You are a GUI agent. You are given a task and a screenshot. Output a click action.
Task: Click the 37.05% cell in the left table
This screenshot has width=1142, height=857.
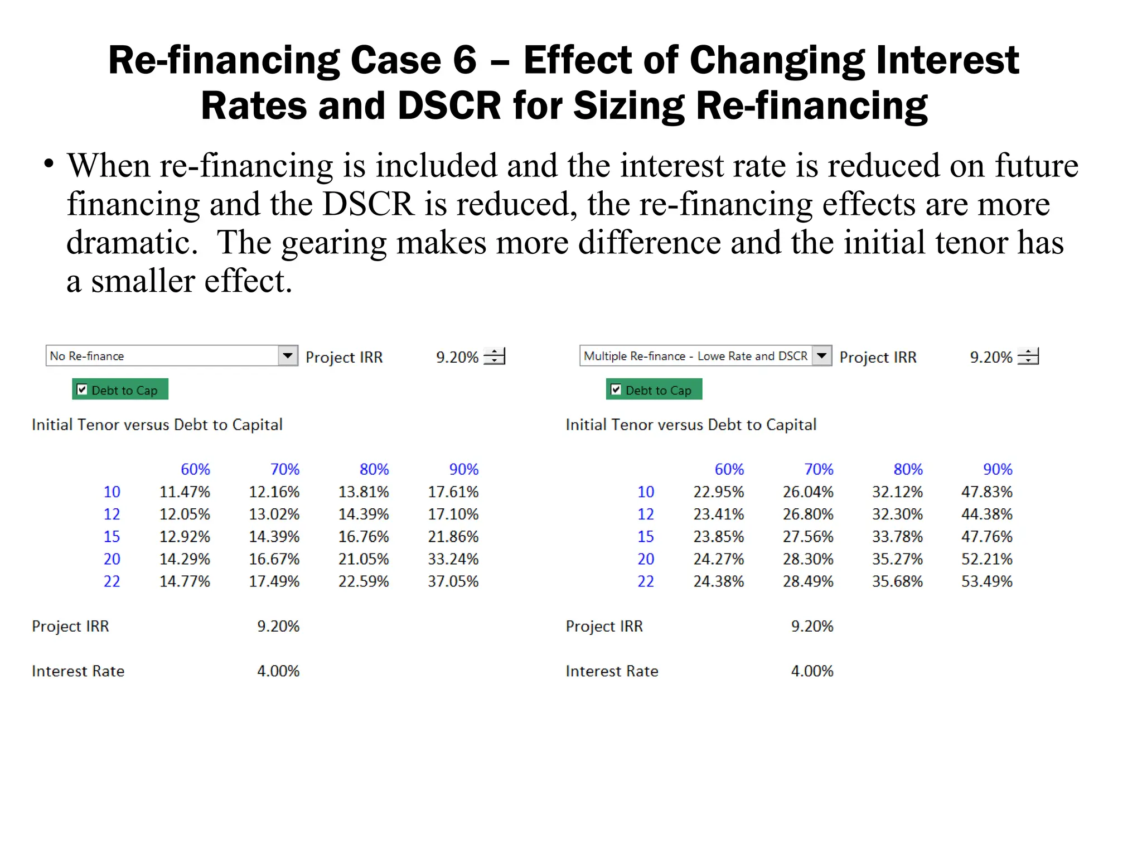[453, 581]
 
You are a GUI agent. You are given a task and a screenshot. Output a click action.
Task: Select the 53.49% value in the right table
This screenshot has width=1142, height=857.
[986, 581]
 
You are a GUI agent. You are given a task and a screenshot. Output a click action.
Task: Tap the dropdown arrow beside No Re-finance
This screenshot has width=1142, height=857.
[288, 355]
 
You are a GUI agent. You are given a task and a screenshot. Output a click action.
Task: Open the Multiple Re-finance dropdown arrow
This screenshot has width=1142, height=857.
[822, 355]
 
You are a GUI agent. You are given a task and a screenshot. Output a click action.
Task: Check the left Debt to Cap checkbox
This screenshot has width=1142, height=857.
[82, 389]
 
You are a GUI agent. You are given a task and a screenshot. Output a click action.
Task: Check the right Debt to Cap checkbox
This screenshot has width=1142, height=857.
[616, 389]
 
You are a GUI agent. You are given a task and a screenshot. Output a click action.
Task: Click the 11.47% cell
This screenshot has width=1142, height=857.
[185, 492]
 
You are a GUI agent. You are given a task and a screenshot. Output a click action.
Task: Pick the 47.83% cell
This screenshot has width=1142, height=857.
[986, 492]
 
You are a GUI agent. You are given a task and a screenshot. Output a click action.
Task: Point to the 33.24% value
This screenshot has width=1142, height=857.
[453, 559]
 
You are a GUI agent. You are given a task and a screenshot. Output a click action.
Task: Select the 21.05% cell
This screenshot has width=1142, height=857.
[364, 559]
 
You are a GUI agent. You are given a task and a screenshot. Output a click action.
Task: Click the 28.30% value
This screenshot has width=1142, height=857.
[808, 559]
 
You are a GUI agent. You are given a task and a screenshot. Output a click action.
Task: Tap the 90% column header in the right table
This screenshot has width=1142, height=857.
[998, 469]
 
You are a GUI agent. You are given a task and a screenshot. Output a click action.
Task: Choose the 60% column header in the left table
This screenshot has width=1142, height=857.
[195, 469]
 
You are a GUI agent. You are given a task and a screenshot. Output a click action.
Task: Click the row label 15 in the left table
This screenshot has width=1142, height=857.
[112, 537]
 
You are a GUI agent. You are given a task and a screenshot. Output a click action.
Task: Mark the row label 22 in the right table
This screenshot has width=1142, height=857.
[646, 581]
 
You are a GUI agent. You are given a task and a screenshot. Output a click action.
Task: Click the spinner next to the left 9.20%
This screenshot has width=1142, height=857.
[494, 356]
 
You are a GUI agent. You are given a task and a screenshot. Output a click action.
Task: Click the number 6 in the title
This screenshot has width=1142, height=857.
[464, 60]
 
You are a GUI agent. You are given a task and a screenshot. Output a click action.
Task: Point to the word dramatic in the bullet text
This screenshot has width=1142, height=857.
[132, 243]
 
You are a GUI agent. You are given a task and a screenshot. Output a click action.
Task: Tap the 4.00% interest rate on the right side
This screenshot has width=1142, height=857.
[812, 671]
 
